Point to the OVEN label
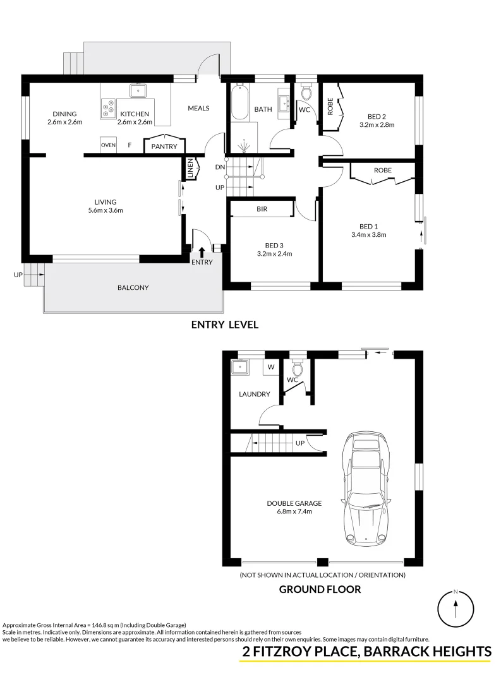tap(108, 145)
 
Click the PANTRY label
tap(164, 147)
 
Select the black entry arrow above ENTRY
tap(202, 253)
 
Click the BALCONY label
tap(133, 288)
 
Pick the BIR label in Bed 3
tap(262, 208)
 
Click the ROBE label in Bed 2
tap(330, 107)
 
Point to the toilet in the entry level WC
tap(306, 94)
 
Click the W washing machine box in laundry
tap(271, 367)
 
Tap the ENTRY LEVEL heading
tap(225, 325)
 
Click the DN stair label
tap(219, 167)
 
